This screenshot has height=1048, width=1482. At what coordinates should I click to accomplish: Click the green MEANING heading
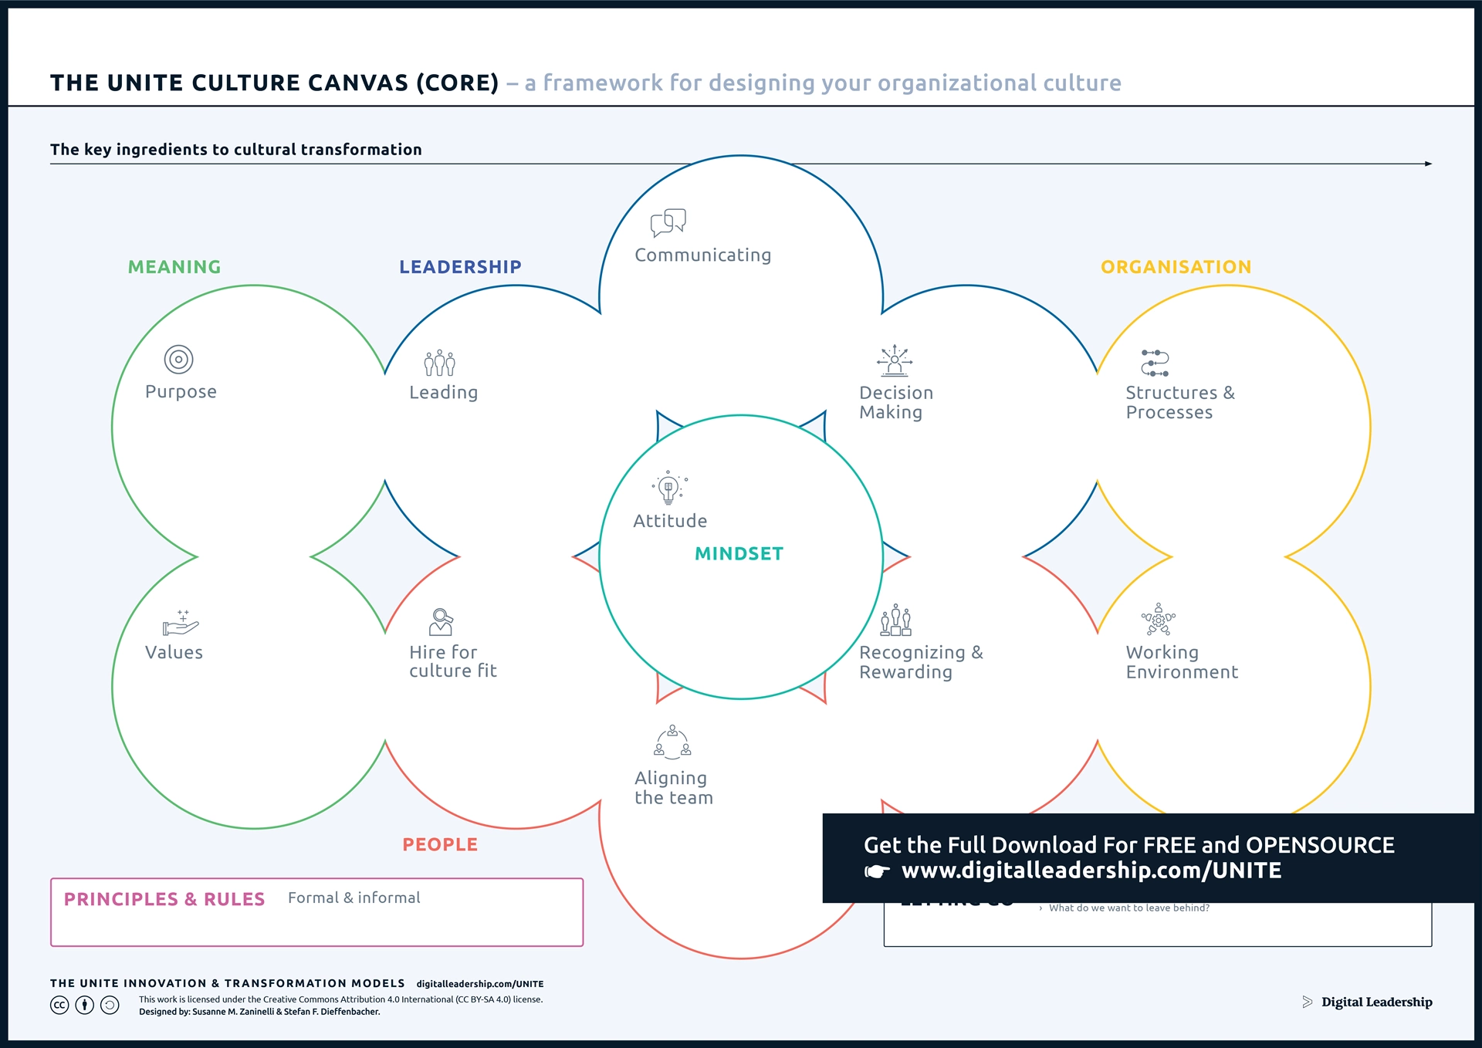[x=174, y=267]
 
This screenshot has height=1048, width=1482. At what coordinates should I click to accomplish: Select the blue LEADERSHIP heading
[x=460, y=267]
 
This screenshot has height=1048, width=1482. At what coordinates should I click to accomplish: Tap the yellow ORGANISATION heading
[x=1176, y=267]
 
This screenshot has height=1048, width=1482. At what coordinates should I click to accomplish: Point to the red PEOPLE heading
[x=440, y=845]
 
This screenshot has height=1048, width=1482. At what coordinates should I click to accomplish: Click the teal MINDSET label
[x=739, y=554]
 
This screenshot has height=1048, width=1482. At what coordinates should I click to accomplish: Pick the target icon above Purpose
[x=178, y=360]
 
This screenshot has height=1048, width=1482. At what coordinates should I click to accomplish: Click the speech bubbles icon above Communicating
[x=668, y=222]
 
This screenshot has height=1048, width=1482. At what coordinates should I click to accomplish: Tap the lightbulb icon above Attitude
[x=669, y=488]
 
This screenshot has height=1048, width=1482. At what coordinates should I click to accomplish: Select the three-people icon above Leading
[x=439, y=363]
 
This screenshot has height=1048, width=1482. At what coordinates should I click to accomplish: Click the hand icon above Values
[x=181, y=624]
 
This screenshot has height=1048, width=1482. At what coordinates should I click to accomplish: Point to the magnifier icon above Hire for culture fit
[x=441, y=622]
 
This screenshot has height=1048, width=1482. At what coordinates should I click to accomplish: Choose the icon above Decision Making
[x=895, y=360]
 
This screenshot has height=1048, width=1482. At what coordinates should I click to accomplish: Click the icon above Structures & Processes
[x=1155, y=363]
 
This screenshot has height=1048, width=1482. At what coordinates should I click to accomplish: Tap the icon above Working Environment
[x=1158, y=620]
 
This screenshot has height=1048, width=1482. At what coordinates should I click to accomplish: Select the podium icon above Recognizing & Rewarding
[x=895, y=620]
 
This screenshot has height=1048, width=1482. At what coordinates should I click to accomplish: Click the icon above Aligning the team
[x=672, y=742]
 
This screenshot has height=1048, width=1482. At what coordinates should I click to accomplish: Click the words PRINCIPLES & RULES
[x=164, y=900]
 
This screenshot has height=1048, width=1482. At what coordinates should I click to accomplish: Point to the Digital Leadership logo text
[x=1376, y=1002]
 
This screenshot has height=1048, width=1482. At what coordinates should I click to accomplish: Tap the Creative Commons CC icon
[x=59, y=1005]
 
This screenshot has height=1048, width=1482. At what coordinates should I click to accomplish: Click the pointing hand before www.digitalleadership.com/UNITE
[x=877, y=872]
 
